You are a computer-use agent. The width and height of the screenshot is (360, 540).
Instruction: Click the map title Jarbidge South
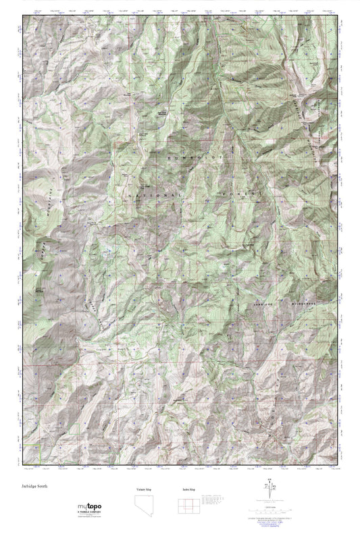click(x=34, y=485)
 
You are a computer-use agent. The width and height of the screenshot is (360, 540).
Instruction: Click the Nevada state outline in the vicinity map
click(x=136, y=506)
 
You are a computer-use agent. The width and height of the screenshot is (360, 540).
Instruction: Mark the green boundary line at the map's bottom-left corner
click(x=39, y=456)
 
